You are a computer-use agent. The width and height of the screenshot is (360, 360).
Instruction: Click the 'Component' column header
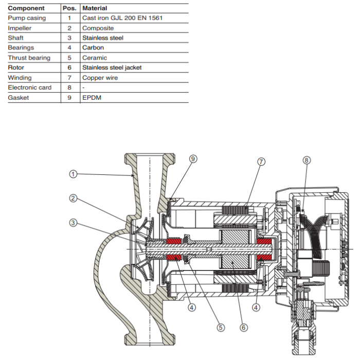(26, 8)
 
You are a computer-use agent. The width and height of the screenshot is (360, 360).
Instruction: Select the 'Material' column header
(94, 8)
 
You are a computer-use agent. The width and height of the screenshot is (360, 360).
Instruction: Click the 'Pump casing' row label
(27, 18)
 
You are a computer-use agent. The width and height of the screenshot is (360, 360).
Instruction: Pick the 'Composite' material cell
(98, 28)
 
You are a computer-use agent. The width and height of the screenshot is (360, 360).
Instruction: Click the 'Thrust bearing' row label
(29, 58)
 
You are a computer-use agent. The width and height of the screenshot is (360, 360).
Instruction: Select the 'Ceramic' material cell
(95, 58)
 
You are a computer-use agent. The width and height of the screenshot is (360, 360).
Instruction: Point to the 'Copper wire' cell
(100, 78)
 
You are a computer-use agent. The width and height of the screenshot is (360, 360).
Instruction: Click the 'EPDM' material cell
(92, 97)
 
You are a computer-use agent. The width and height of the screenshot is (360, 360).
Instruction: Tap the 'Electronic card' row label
(30, 87)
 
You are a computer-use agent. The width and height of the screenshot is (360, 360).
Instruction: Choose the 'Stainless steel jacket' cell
(112, 67)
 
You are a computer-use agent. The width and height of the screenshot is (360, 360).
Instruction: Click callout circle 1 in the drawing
(73, 174)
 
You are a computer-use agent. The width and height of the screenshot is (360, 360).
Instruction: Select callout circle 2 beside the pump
(73, 198)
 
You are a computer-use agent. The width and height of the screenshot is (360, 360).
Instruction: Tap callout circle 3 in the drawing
(73, 222)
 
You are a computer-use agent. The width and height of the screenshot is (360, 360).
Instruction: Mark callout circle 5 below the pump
(221, 327)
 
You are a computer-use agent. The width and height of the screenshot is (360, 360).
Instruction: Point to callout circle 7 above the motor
(261, 161)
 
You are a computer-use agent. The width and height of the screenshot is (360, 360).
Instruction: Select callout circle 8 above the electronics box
(307, 160)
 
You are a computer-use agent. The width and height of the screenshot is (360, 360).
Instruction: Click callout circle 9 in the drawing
(193, 159)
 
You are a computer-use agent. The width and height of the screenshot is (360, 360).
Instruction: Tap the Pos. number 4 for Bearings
(69, 48)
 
